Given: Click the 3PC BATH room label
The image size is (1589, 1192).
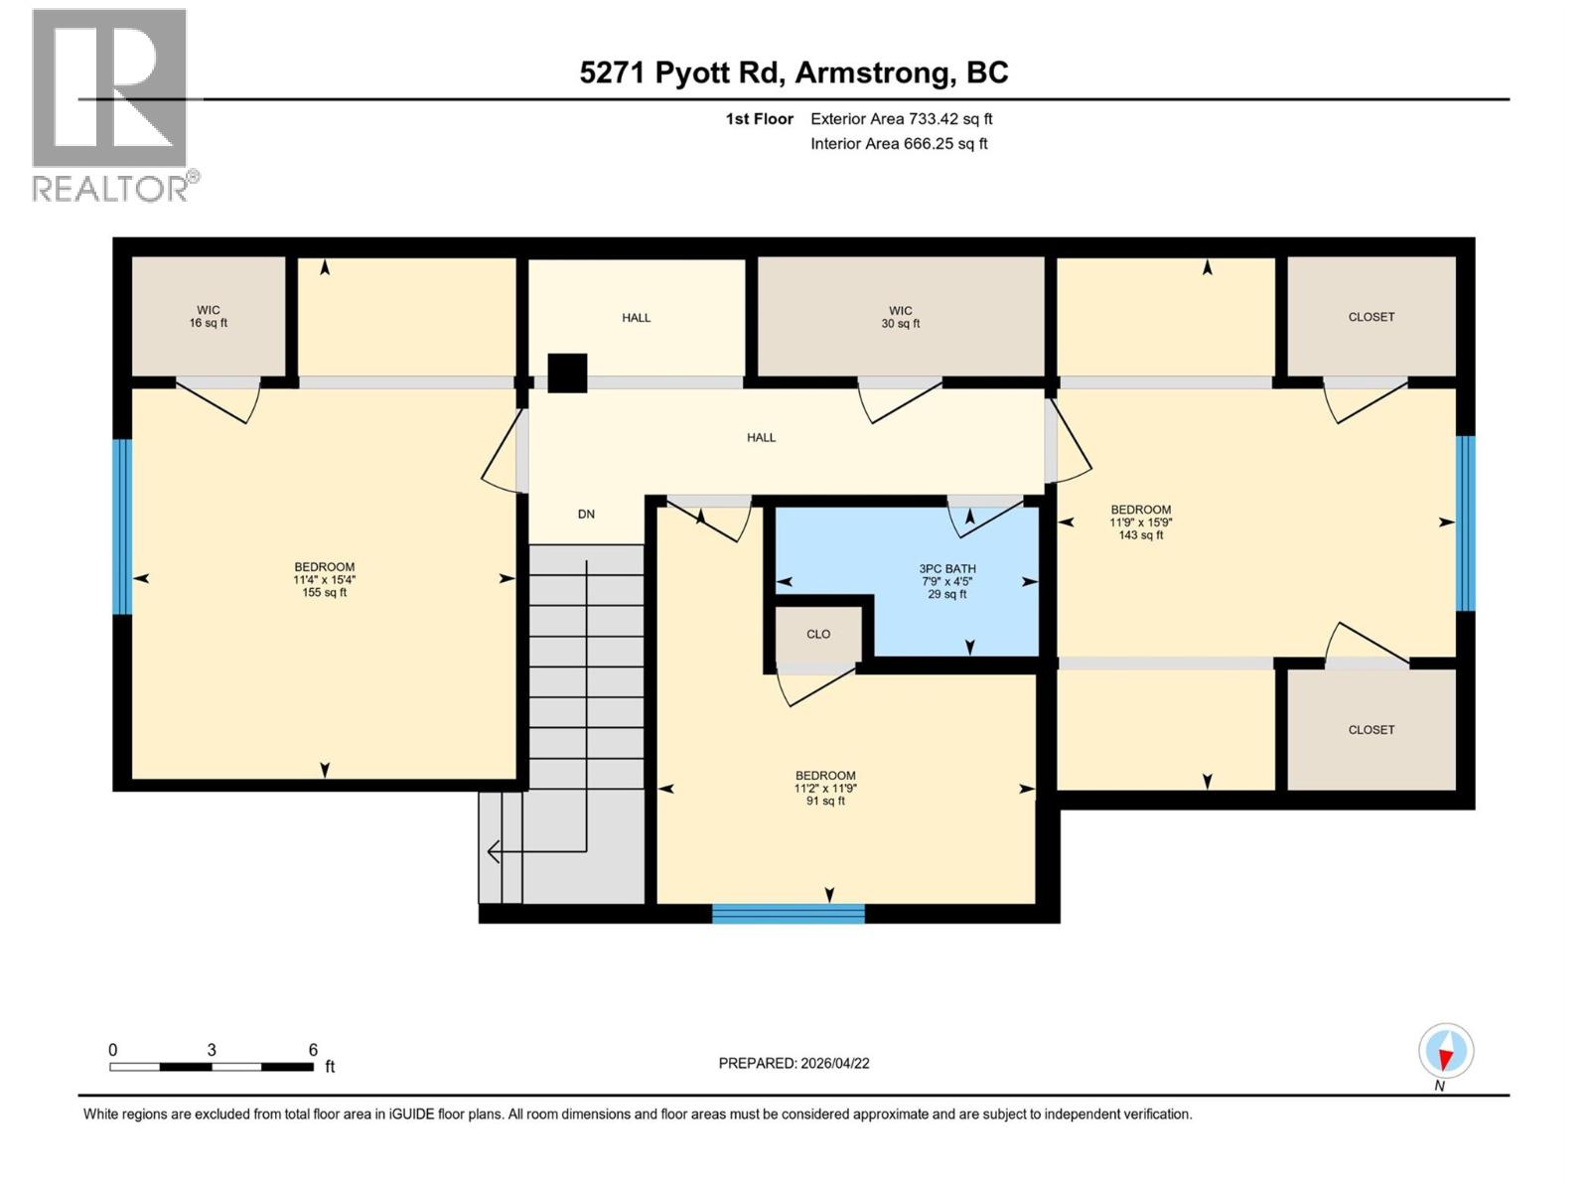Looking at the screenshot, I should pos(946,581).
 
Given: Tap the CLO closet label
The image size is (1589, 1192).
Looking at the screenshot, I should pos(818,634).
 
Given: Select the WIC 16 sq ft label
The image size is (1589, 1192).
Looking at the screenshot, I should pos(209,316).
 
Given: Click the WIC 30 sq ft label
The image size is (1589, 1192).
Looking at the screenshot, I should pos(901,317).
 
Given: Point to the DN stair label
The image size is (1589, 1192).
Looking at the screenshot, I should pos(586,514).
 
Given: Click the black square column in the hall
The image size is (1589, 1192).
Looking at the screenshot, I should pos(567,373).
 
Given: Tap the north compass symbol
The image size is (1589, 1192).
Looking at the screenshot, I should pos(1446,1052).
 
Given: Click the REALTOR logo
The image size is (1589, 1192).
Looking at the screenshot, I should pos(110,104).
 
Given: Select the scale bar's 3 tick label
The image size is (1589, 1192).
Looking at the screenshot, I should pos(212,1050).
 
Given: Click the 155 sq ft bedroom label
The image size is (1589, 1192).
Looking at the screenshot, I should pos(324,580).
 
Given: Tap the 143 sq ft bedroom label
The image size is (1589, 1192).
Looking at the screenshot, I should pos(1140,522).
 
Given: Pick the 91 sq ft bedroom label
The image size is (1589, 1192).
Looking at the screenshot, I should pos(825,788).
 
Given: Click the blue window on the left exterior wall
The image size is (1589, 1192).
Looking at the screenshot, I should pos(122,527).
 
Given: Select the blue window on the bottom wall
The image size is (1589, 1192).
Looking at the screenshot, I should pos(789,914).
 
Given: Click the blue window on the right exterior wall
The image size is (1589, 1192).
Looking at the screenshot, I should pos(1465,522).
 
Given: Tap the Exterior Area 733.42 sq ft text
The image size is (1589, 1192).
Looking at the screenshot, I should pos(901,119).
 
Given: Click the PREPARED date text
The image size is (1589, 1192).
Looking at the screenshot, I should pos(794,1063).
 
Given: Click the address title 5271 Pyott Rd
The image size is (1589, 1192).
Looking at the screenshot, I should pos(794,73).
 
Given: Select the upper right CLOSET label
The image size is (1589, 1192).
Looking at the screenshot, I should pos(1371,317).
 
